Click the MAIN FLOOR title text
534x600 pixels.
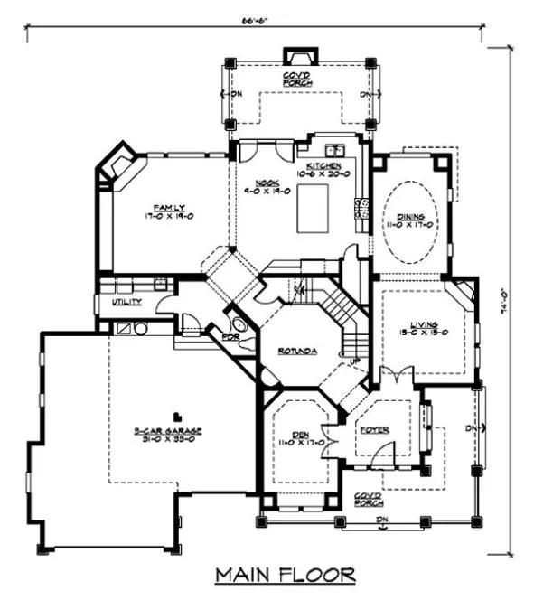[x=285, y=575]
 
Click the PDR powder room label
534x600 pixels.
[x=217, y=337]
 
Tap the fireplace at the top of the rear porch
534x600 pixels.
[x=297, y=55]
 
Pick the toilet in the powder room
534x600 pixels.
[x=238, y=325]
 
